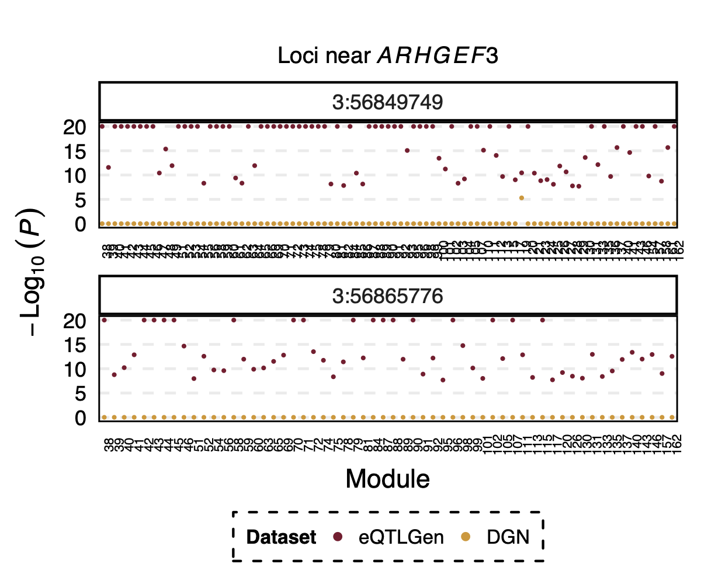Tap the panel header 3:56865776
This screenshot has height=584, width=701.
click(x=388, y=296)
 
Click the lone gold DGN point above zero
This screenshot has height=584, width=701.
click(x=521, y=198)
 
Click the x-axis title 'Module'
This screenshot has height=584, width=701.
click(x=388, y=479)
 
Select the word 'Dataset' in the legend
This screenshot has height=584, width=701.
click(x=281, y=537)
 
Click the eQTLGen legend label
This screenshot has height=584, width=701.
click(x=401, y=537)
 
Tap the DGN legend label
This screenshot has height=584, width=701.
click(x=508, y=537)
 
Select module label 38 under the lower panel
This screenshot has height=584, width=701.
click(x=108, y=441)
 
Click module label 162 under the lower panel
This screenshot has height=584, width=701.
click(x=675, y=441)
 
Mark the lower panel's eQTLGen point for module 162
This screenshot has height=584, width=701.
click(x=672, y=356)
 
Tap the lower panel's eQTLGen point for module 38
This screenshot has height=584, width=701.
click(x=105, y=320)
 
